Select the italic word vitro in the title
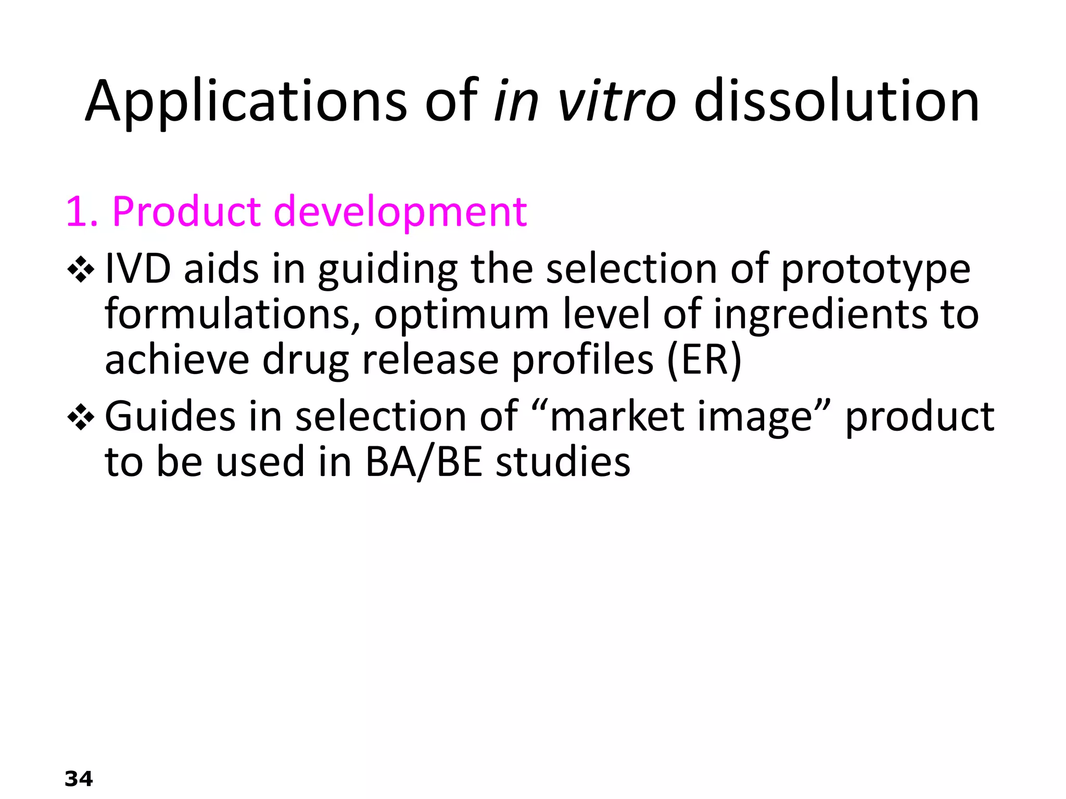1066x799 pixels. click(616, 101)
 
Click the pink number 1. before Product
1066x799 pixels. click(82, 212)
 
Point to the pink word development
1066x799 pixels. click(400, 212)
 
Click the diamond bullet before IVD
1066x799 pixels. click(81, 270)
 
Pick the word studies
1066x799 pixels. click(563, 462)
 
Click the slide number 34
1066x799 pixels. click(79, 779)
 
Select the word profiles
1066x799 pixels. click(582, 360)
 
